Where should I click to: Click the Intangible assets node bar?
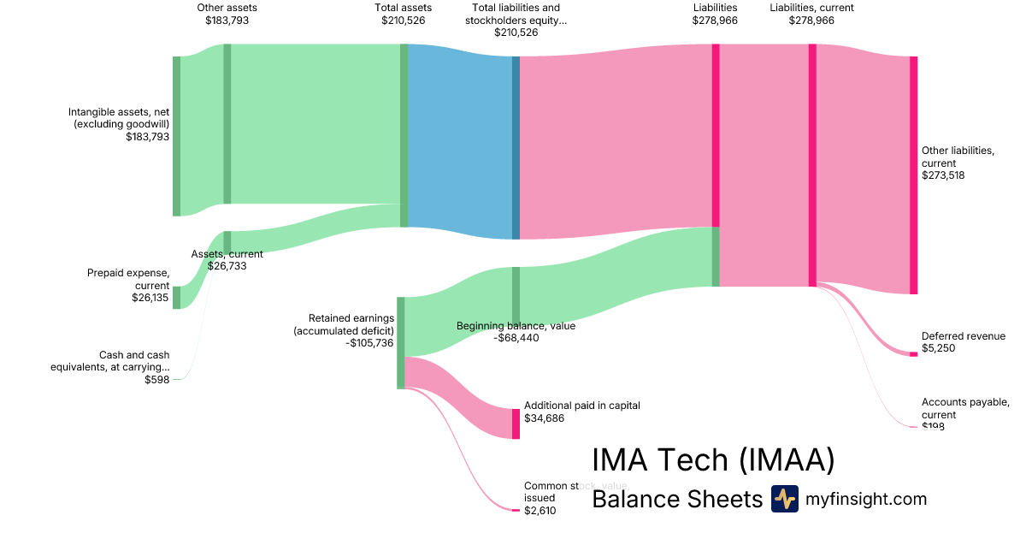[176, 136]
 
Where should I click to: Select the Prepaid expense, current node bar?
[176, 297]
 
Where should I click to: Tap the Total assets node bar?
[404, 135]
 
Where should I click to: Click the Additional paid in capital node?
[516, 423]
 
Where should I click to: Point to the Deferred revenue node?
[913, 354]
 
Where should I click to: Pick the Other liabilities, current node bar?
[913, 175]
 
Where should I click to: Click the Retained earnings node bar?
[400, 342]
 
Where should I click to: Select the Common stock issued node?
[516, 510]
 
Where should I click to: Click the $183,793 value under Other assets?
[227, 21]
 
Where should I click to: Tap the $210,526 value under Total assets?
[404, 21]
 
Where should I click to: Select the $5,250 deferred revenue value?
[938, 348]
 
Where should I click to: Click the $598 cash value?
[157, 380]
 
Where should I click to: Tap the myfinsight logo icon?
[784, 499]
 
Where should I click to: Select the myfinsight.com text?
[866, 499]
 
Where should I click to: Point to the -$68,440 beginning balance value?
[516, 338]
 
